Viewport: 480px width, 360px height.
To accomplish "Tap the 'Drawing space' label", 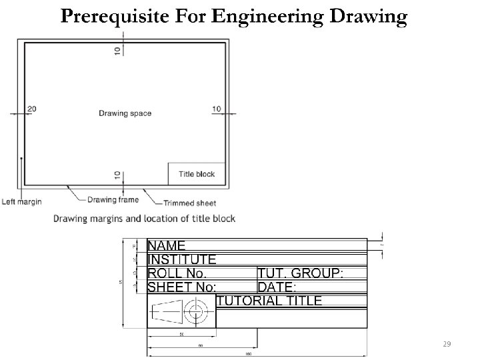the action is click(x=125, y=113).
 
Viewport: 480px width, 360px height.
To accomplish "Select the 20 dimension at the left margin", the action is click(x=31, y=109).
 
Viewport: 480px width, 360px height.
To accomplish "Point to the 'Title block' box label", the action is click(x=197, y=174).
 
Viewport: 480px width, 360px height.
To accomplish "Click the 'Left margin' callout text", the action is click(x=22, y=201).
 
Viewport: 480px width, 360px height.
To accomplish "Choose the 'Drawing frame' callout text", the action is click(x=113, y=199).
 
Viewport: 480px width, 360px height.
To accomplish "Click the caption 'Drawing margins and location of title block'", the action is click(x=144, y=219).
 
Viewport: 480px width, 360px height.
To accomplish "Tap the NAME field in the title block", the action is click(x=166, y=246).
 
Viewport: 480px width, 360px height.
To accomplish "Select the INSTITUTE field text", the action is click(x=181, y=259).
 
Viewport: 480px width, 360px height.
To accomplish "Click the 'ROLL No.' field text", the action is click(x=177, y=273).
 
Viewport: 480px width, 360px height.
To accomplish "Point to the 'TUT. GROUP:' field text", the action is click(x=301, y=273).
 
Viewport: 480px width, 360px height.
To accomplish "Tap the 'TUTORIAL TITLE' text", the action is click(x=269, y=301).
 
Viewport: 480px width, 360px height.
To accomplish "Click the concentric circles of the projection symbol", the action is click(x=195, y=311).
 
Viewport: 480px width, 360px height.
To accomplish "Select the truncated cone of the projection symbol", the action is click(x=167, y=311).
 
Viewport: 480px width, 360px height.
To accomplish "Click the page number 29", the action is click(x=447, y=343).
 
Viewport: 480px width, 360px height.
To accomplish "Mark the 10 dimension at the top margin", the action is click(x=117, y=51).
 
